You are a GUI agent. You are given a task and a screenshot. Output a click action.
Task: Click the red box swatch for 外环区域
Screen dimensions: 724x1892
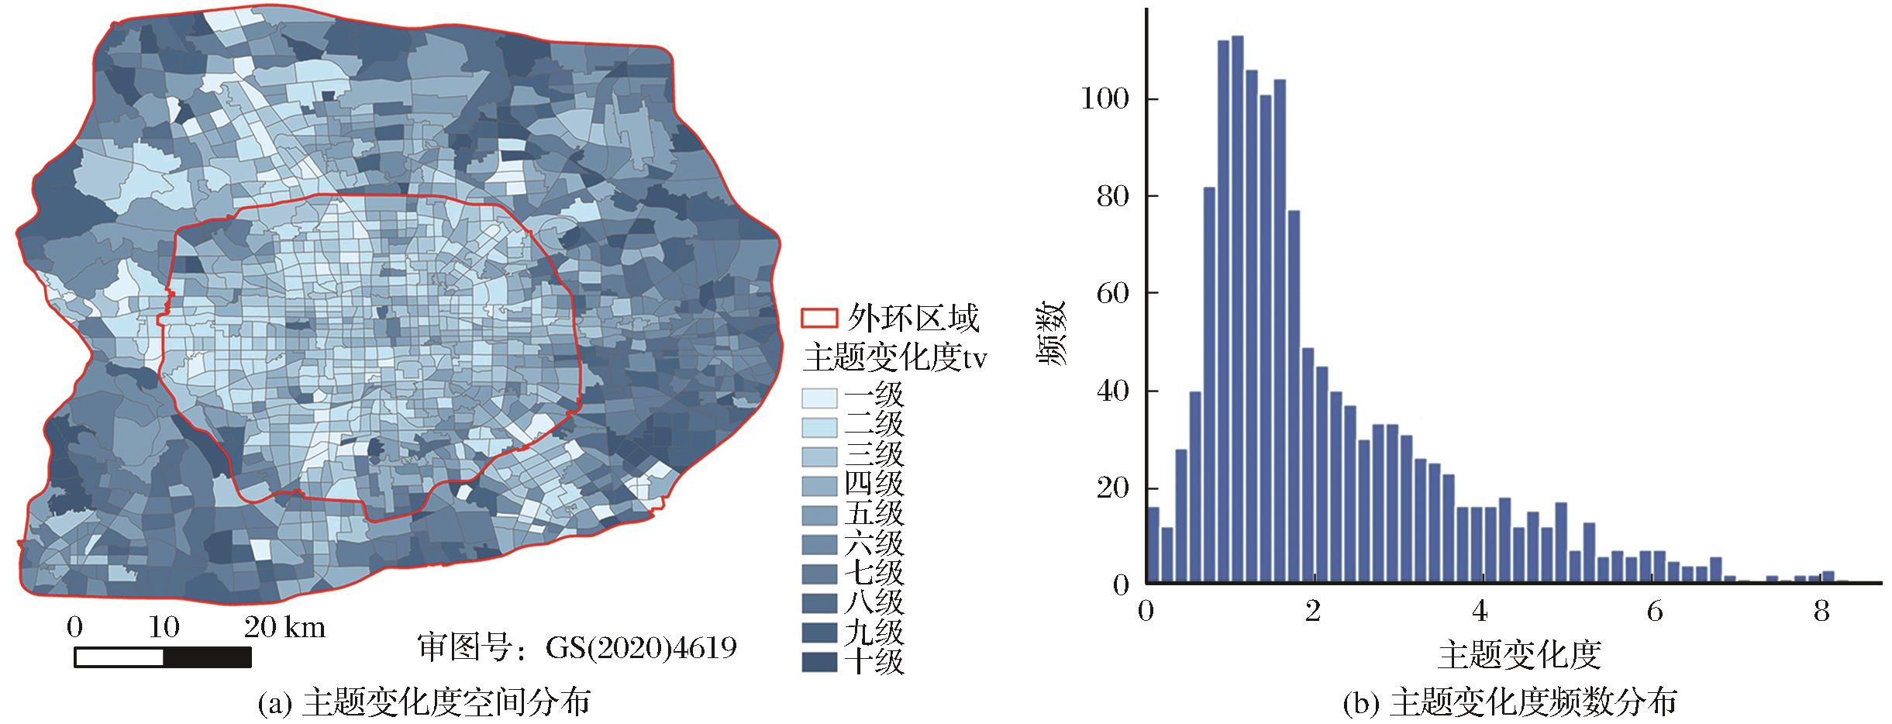coord(819,319)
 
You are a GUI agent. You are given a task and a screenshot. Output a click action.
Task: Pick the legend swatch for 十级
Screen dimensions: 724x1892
coord(819,662)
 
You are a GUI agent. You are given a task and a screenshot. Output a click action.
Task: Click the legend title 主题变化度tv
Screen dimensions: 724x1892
coord(895,358)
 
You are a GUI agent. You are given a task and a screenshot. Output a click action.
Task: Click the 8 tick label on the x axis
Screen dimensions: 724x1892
coord(1821,612)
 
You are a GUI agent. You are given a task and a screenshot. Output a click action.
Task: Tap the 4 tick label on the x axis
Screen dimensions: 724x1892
coord(1480,612)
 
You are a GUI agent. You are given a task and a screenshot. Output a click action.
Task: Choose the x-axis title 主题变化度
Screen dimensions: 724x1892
coord(1518,656)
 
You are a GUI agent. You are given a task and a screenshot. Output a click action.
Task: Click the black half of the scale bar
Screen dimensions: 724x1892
coord(207,657)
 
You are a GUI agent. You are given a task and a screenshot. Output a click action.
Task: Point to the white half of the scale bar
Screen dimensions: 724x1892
coord(119,657)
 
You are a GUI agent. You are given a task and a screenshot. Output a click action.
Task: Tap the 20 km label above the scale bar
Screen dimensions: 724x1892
coord(284,628)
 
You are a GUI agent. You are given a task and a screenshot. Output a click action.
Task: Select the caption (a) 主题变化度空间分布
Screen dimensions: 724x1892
coord(423,703)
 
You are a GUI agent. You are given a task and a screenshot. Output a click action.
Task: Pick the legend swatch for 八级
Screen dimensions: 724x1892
coord(819,603)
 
